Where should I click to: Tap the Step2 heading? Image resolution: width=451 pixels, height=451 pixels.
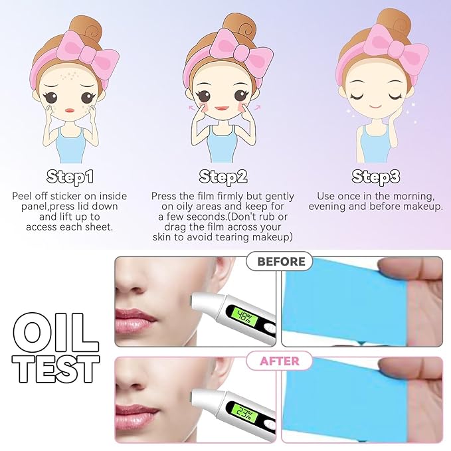[224, 177]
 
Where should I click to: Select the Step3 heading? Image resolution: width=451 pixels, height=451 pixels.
[376, 177]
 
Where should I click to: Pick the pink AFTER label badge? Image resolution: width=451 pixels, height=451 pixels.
[279, 361]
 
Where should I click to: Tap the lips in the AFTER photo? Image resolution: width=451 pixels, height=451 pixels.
[132, 414]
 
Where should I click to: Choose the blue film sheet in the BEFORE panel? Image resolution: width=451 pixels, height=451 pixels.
[332, 299]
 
